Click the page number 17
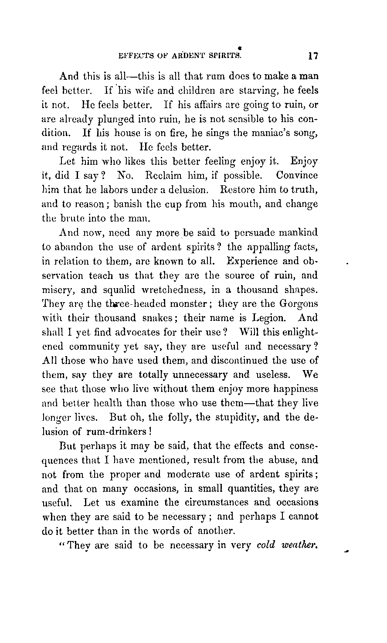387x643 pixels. click(313, 56)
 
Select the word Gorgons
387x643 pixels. click(298, 303)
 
